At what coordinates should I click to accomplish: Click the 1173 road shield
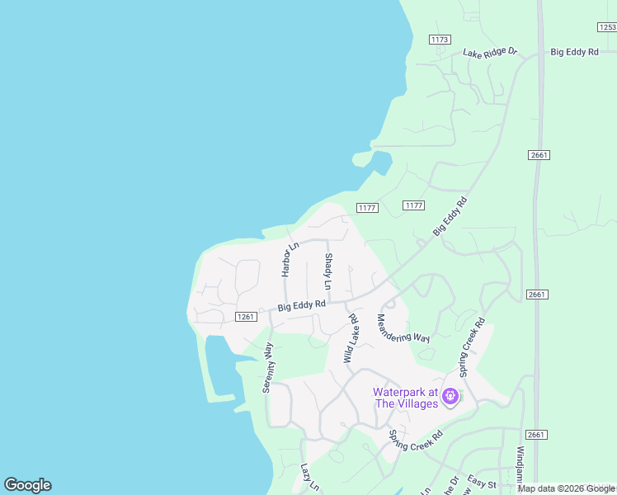tap(440, 40)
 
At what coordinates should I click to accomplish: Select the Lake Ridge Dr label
tap(489, 52)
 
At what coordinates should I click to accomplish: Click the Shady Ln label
tap(328, 271)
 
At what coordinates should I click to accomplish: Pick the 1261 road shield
tap(245, 317)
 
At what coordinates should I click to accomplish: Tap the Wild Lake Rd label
tap(351, 338)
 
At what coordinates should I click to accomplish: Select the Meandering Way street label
tap(403, 328)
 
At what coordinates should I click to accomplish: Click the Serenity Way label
tap(268, 367)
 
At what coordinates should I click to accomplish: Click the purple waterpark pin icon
tap(450, 397)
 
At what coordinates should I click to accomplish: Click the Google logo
tap(27, 485)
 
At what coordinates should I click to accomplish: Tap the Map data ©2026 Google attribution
tap(566, 488)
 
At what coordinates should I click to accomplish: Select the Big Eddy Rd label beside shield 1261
tap(302, 305)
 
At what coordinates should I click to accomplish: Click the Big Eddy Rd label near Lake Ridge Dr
tap(574, 52)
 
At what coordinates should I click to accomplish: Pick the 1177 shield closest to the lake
tap(367, 208)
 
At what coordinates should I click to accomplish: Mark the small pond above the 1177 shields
tap(380, 162)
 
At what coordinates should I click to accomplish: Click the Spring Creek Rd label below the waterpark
tap(416, 445)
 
